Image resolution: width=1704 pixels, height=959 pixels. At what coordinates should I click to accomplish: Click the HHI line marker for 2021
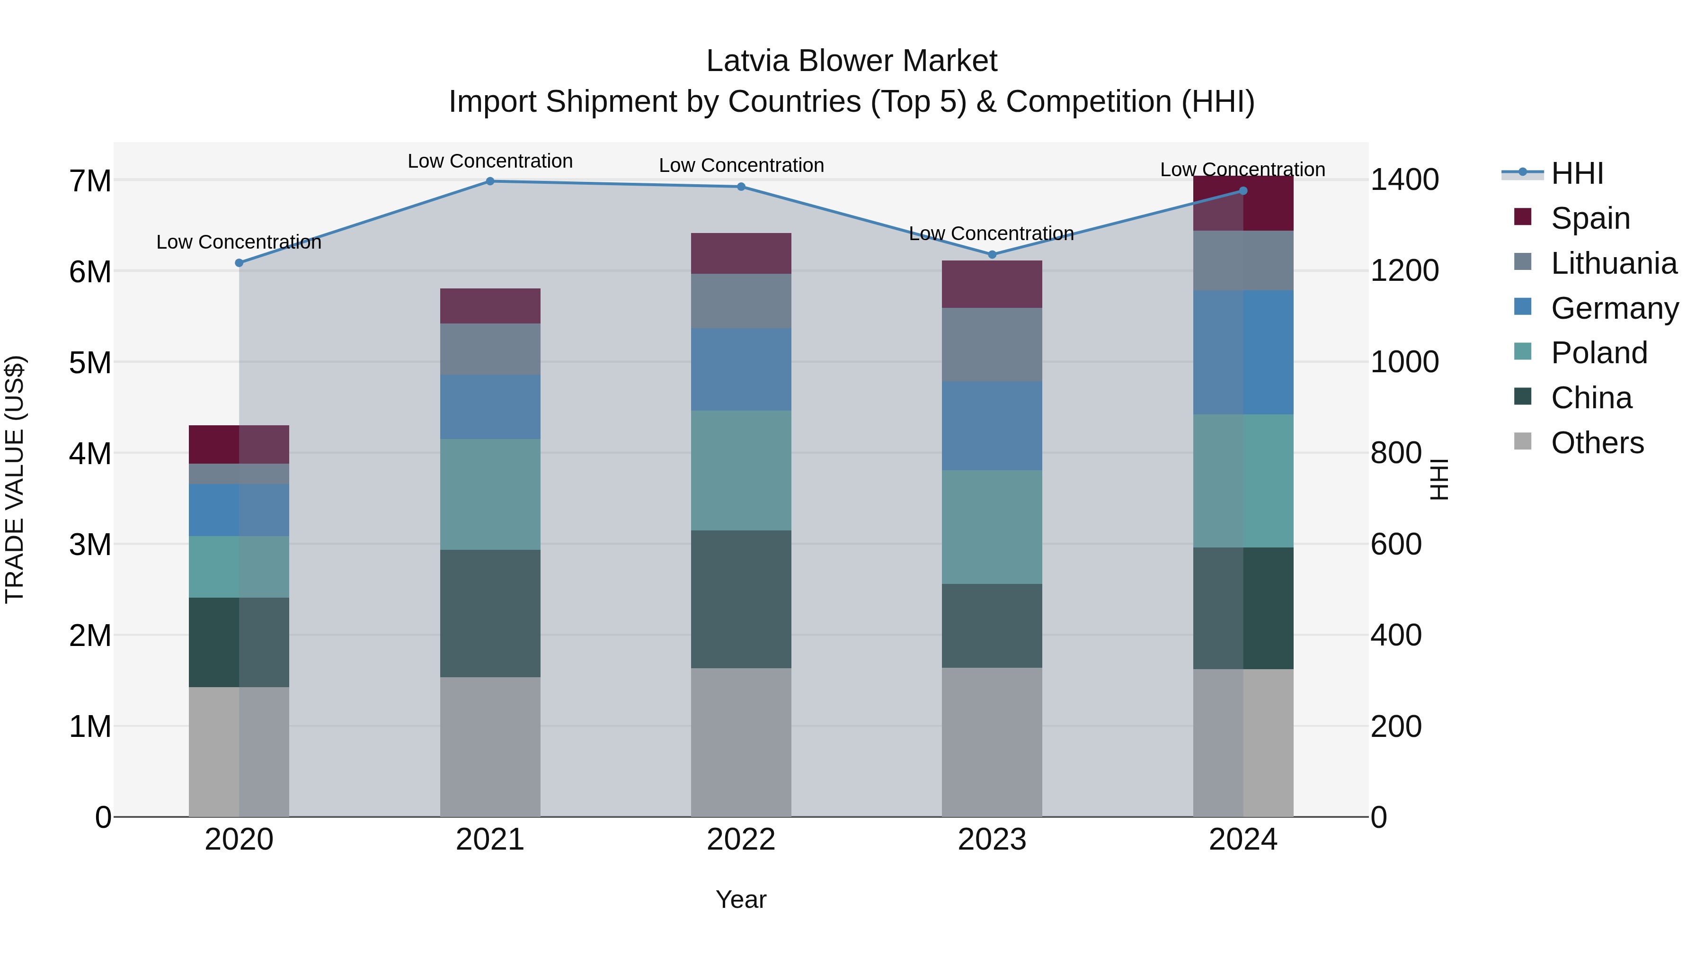490,181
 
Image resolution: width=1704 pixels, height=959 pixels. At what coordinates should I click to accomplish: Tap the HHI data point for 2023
992,255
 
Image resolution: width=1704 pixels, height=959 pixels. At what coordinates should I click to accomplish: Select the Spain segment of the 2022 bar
741,253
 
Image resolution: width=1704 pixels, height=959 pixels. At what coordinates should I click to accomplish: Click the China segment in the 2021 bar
490,613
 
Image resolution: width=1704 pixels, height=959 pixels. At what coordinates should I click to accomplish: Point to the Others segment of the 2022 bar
741,742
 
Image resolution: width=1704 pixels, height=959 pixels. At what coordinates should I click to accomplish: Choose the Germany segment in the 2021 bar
490,407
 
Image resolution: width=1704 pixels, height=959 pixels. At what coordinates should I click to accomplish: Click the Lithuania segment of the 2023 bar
992,344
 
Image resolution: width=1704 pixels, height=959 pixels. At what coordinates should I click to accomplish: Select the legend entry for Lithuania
1614,263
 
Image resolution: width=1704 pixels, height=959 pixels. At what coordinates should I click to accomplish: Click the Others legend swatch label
1597,443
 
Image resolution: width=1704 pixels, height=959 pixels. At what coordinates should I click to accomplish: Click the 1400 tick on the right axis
1404,180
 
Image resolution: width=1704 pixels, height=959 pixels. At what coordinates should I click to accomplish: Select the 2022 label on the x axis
741,840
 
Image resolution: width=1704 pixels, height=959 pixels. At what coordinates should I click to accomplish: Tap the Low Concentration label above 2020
239,242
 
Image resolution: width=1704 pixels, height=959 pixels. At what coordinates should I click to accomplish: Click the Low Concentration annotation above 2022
741,165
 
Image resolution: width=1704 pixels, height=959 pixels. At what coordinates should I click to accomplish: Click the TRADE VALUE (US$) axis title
15,479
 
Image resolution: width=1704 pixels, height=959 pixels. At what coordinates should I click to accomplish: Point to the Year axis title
741,899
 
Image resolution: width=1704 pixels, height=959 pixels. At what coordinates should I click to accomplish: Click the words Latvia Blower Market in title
852,61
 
